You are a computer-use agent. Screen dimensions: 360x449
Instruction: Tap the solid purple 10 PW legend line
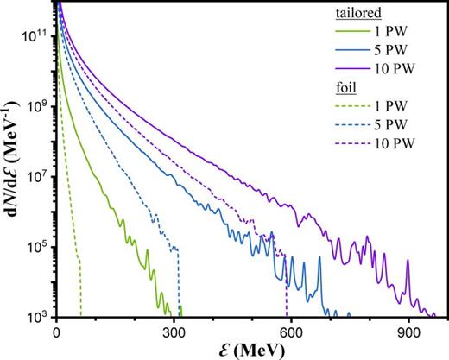coord(348,69)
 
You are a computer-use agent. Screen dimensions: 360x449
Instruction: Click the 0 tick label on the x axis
coord(56,332)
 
